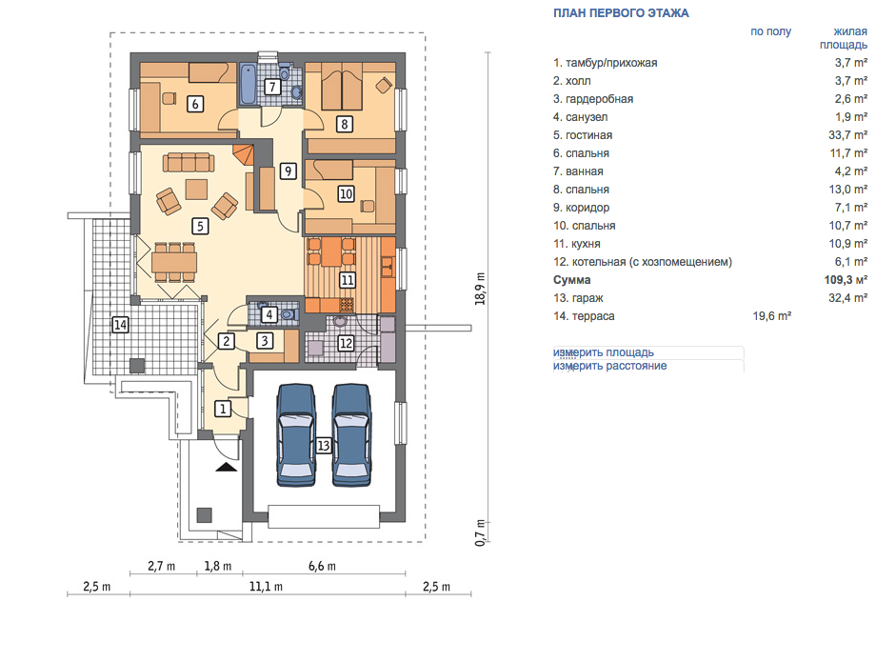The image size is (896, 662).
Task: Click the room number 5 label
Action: tap(200, 226)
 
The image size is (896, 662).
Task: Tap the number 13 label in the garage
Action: tap(324, 445)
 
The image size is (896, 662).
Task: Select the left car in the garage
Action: tap(296, 435)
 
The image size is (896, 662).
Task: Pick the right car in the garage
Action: tap(352, 435)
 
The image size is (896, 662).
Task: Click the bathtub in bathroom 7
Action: tap(248, 85)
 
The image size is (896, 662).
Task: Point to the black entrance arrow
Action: tap(227, 467)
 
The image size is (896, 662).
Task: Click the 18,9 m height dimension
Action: tap(480, 289)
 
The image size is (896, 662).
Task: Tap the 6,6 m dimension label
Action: tap(322, 566)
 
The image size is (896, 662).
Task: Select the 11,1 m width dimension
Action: tap(266, 587)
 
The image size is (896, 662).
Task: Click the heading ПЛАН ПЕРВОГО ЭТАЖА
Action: tap(621, 13)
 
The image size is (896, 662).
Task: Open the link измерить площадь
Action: tap(604, 352)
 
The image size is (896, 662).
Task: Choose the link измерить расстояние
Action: tap(609, 366)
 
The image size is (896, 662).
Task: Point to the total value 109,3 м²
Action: tap(846, 279)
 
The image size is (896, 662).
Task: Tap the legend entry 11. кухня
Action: tap(577, 244)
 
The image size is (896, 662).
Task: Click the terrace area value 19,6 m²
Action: tap(772, 315)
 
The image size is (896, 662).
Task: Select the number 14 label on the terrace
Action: tap(120, 325)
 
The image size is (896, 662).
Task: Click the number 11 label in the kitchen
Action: tap(347, 279)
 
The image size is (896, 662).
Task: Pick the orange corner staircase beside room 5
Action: tap(243, 155)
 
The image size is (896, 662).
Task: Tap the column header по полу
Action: tap(771, 31)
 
